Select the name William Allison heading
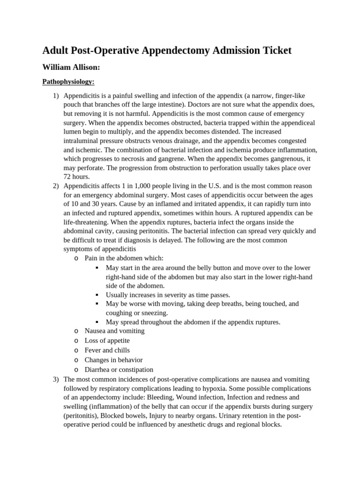pos(71,67)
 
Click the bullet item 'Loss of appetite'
pos(107,341)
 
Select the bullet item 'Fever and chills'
pos(107,350)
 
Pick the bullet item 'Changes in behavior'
pos(113,360)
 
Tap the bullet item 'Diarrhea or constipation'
pos(119,369)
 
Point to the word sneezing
pos(154,313)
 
